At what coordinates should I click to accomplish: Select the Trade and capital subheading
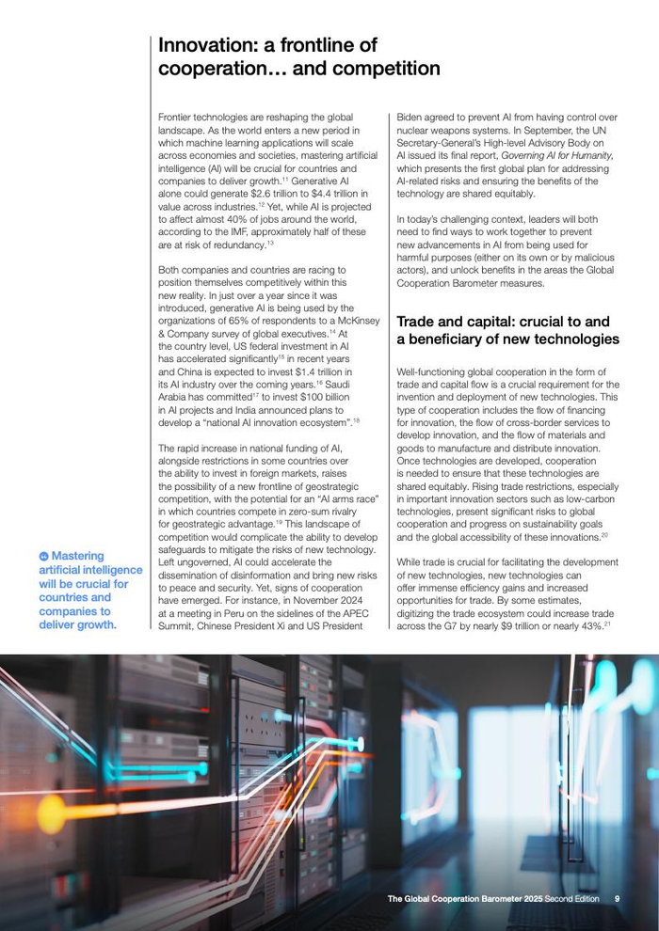507,330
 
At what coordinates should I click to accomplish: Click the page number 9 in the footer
617,899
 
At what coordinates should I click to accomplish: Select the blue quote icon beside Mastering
43,557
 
